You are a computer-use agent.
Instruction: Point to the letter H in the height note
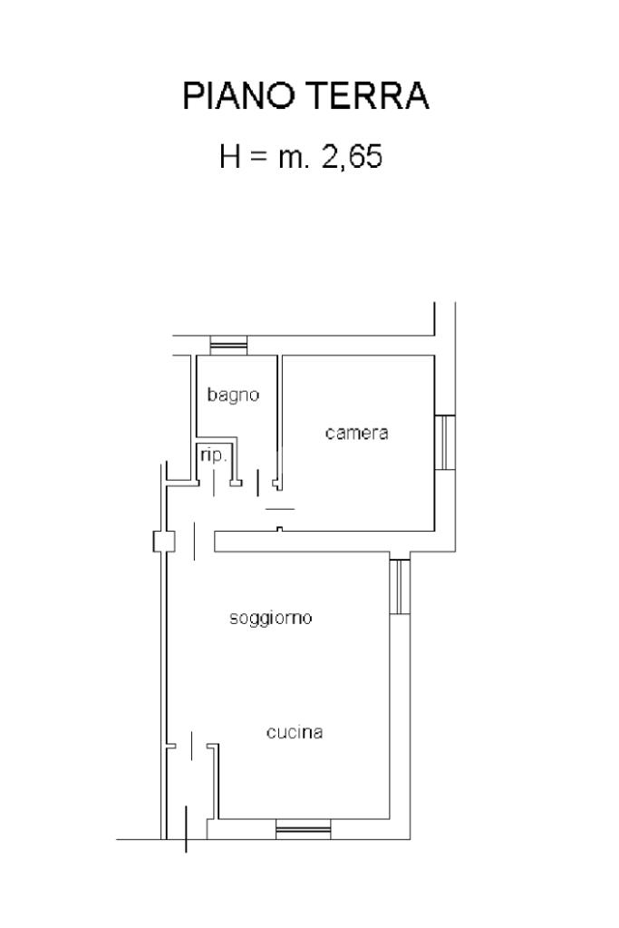[229, 157]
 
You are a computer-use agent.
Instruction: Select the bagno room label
[233, 395]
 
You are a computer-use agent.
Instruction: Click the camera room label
[356, 433]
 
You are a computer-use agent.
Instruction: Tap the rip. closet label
[213, 455]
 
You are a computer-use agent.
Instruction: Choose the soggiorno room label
[270, 619]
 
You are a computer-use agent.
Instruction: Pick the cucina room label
[295, 733]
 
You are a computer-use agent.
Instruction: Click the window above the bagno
[228, 346]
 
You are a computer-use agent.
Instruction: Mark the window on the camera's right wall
[444, 442]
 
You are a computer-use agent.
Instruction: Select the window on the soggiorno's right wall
[400, 587]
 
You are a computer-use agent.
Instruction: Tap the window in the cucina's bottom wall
[303, 828]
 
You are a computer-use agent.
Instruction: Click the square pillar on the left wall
[163, 542]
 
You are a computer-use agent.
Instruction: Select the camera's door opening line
[280, 510]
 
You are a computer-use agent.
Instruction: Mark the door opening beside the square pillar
[195, 542]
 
